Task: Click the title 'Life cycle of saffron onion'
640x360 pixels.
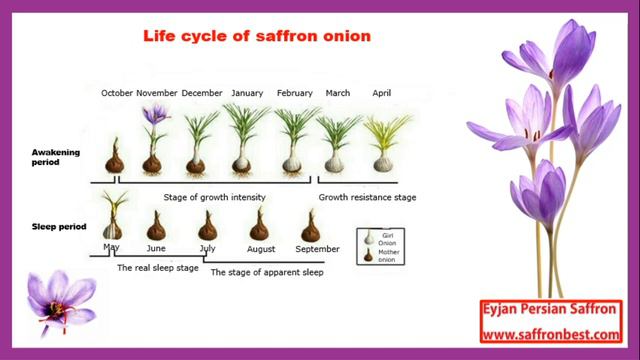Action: coord(257,37)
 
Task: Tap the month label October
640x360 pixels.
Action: coord(117,93)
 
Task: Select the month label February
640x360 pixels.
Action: coord(294,93)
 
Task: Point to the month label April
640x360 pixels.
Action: coord(381,93)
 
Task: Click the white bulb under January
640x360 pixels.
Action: coord(242,160)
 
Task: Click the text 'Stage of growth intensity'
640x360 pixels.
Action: coord(214,198)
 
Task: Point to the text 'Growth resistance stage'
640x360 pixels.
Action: coord(367,198)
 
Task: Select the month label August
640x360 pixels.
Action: coord(261,248)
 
